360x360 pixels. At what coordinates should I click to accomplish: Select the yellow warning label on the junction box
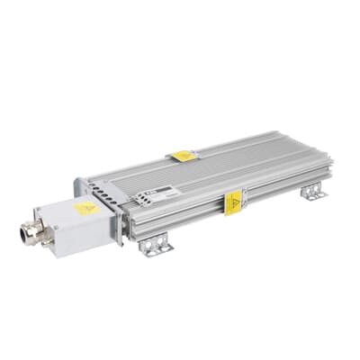point(85,208)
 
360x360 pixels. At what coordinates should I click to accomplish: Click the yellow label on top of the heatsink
point(184,156)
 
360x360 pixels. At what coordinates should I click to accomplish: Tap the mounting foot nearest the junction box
point(157,245)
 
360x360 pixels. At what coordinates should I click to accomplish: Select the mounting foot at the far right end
point(312,192)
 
